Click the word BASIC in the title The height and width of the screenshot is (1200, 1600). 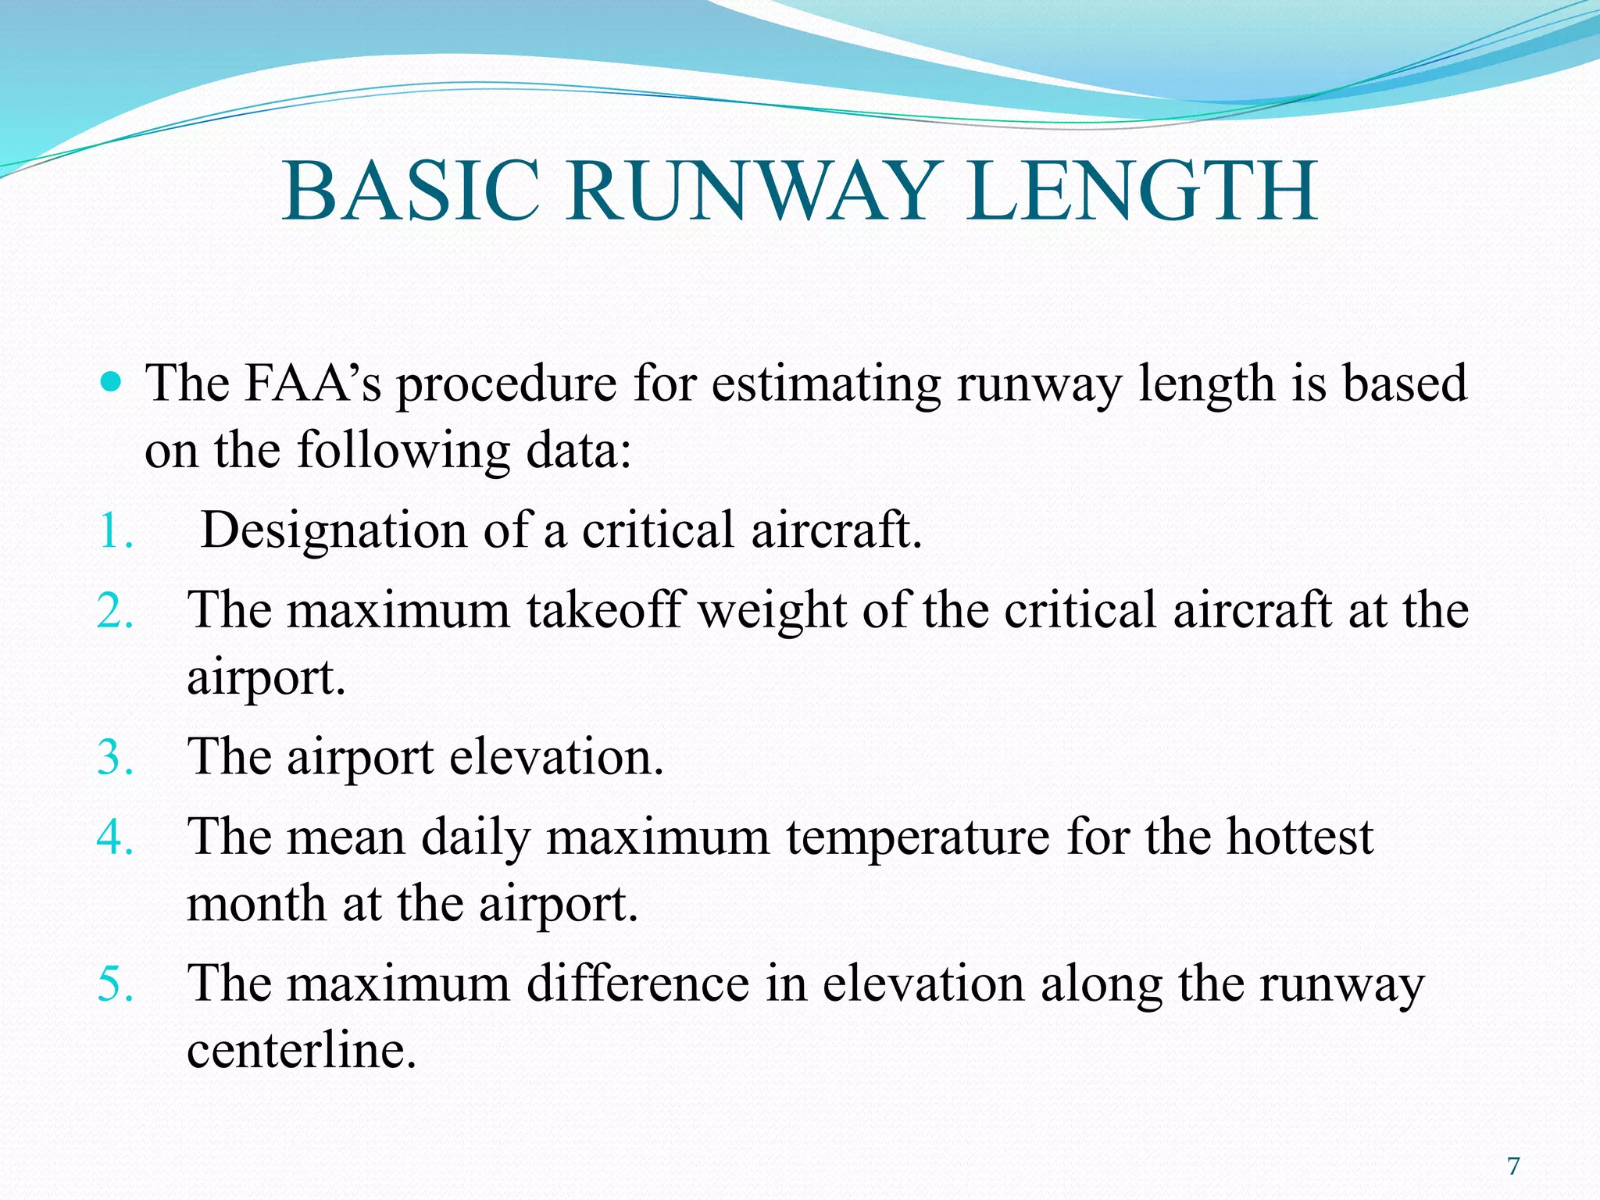click(x=411, y=191)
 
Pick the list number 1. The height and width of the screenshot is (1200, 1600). click(x=114, y=531)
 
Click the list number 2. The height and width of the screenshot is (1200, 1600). click(x=114, y=610)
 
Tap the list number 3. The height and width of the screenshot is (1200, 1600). click(x=114, y=757)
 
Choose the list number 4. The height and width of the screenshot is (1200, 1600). click(x=114, y=837)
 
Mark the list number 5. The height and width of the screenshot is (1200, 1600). click(x=114, y=984)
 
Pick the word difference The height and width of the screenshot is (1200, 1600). click(x=637, y=984)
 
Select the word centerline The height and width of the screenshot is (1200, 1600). click(x=301, y=1051)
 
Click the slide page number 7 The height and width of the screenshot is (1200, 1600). click(x=1513, y=1166)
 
